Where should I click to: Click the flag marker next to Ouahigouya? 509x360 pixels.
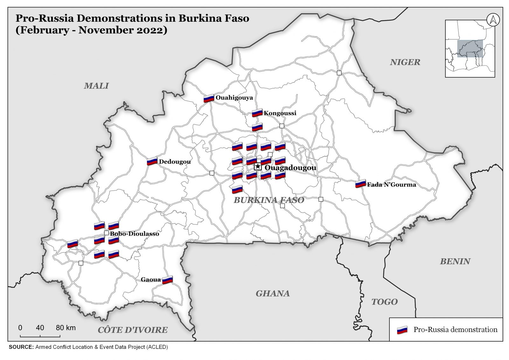tap(209, 98)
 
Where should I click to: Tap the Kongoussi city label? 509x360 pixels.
tap(280, 113)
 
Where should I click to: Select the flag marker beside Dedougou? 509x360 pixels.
tap(152, 161)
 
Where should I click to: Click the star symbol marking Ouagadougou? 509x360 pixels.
tap(258, 166)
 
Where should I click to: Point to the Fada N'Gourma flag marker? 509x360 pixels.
tap(360, 184)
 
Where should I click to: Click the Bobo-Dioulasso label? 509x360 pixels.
tap(134, 234)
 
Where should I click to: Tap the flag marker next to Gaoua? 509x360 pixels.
tap(167, 280)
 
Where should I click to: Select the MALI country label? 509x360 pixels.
tap(96, 86)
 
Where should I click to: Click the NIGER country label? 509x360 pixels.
tap(405, 62)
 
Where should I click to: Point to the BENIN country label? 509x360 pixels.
tap(455, 261)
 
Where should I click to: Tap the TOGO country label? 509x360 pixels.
tap(384, 302)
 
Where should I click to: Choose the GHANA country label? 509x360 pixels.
tap(273, 293)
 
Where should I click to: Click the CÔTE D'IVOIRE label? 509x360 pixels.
tap(133, 330)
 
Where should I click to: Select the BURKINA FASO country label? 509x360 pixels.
tap(269, 200)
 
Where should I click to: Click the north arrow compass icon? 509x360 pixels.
tap(493, 20)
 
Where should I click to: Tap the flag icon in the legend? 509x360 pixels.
tap(402, 330)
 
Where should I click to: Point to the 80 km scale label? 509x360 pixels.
tap(66, 328)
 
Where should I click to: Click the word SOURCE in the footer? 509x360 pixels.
tap(21, 347)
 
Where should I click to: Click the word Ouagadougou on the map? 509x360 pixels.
tap(290, 168)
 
